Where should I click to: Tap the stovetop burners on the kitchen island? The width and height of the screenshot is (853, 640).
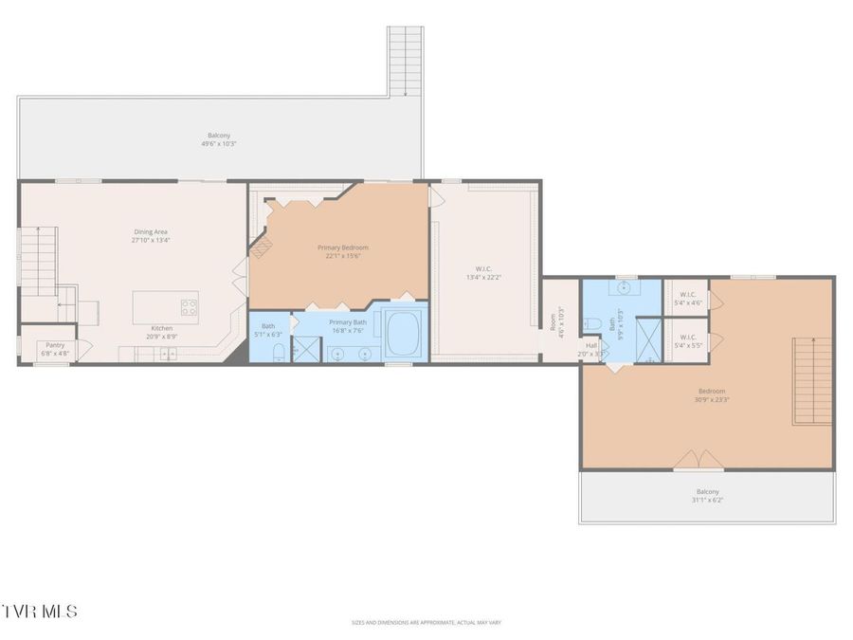(189, 306)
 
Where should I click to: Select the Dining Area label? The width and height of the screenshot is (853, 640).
(151, 236)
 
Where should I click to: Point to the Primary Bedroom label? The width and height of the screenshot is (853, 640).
(342, 251)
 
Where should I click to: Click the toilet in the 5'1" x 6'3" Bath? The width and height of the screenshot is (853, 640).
(278, 354)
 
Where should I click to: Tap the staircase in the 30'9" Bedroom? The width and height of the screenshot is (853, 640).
(812, 381)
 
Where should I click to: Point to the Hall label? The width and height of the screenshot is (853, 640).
(591, 350)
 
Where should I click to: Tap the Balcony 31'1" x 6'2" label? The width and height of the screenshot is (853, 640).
(707, 495)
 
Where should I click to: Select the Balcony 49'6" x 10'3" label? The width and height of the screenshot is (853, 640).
(219, 139)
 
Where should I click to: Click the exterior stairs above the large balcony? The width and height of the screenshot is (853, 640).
(405, 60)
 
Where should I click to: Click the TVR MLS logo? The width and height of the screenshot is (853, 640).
(40, 611)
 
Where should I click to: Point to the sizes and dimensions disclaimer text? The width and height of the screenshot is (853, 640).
(426, 623)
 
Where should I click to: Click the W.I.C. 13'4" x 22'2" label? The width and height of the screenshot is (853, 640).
(483, 273)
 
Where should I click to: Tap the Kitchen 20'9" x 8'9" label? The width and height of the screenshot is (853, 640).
(159, 332)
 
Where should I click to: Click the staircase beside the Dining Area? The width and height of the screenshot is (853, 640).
(39, 261)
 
